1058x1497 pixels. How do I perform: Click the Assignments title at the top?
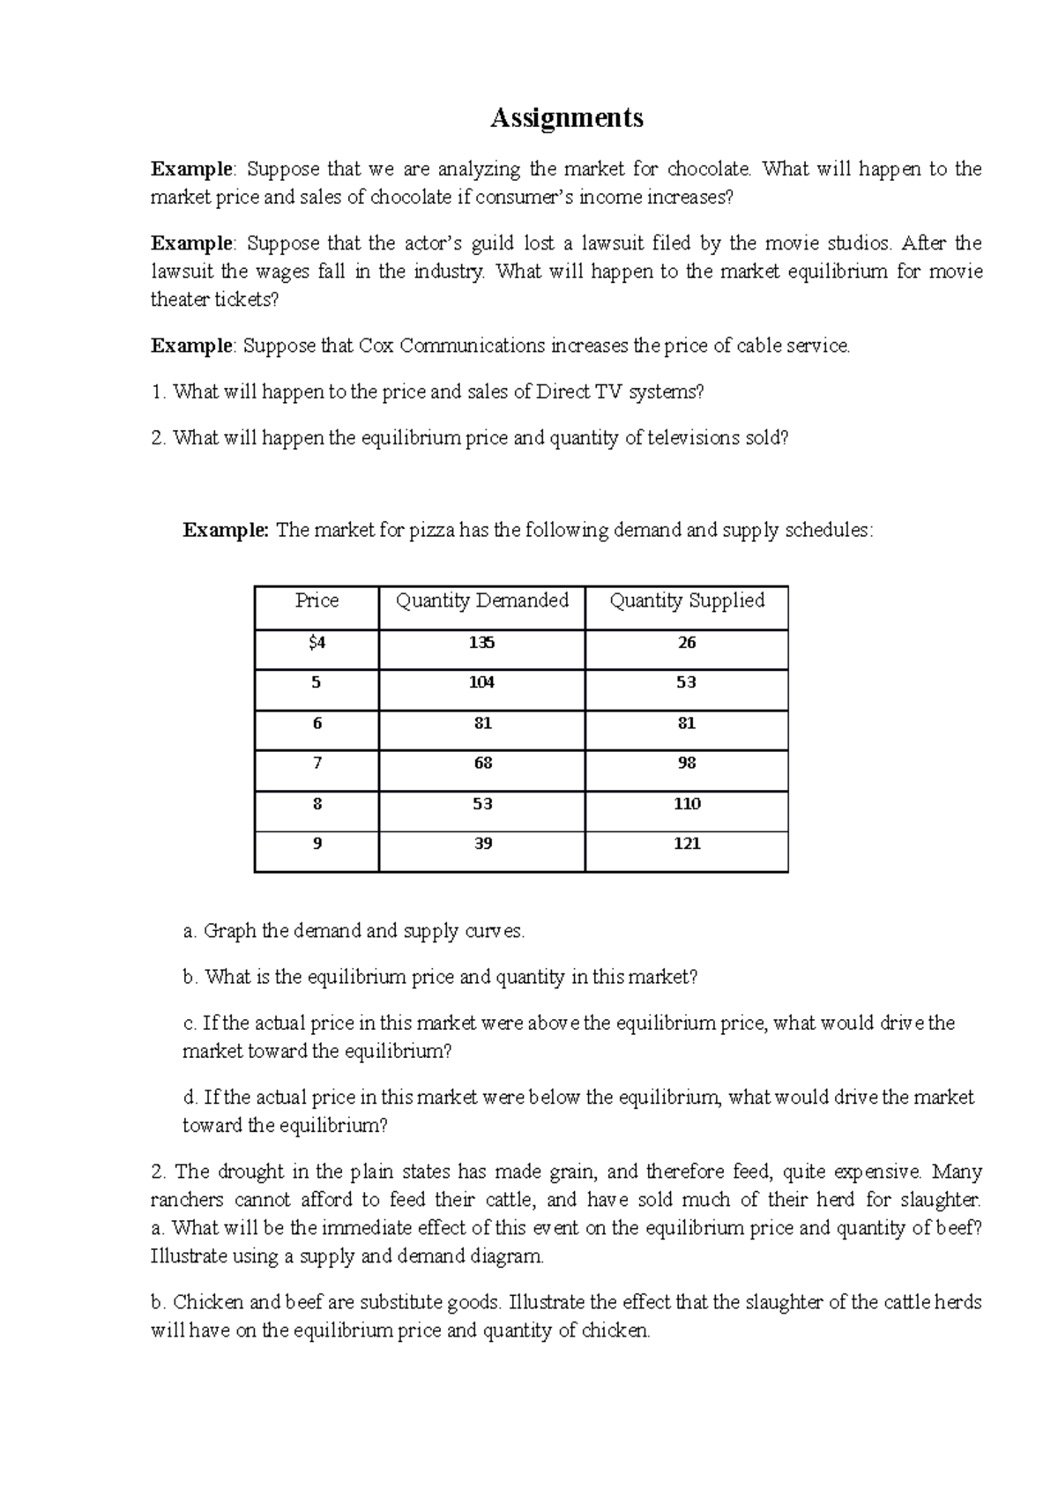click(x=566, y=118)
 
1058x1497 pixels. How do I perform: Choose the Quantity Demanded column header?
click(x=481, y=600)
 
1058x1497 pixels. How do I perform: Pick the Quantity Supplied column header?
click(x=686, y=600)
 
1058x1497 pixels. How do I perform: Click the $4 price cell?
click(x=317, y=643)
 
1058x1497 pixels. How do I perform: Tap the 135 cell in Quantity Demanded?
click(x=481, y=643)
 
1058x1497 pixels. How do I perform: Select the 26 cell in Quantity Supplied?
click(x=686, y=643)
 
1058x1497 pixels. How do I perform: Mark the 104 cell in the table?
click(x=481, y=682)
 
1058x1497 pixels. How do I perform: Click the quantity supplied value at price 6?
click(x=686, y=723)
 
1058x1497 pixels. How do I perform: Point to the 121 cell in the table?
click(x=686, y=844)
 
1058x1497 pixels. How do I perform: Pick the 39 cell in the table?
click(x=482, y=844)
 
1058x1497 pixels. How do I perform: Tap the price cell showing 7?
click(x=317, y=763)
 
